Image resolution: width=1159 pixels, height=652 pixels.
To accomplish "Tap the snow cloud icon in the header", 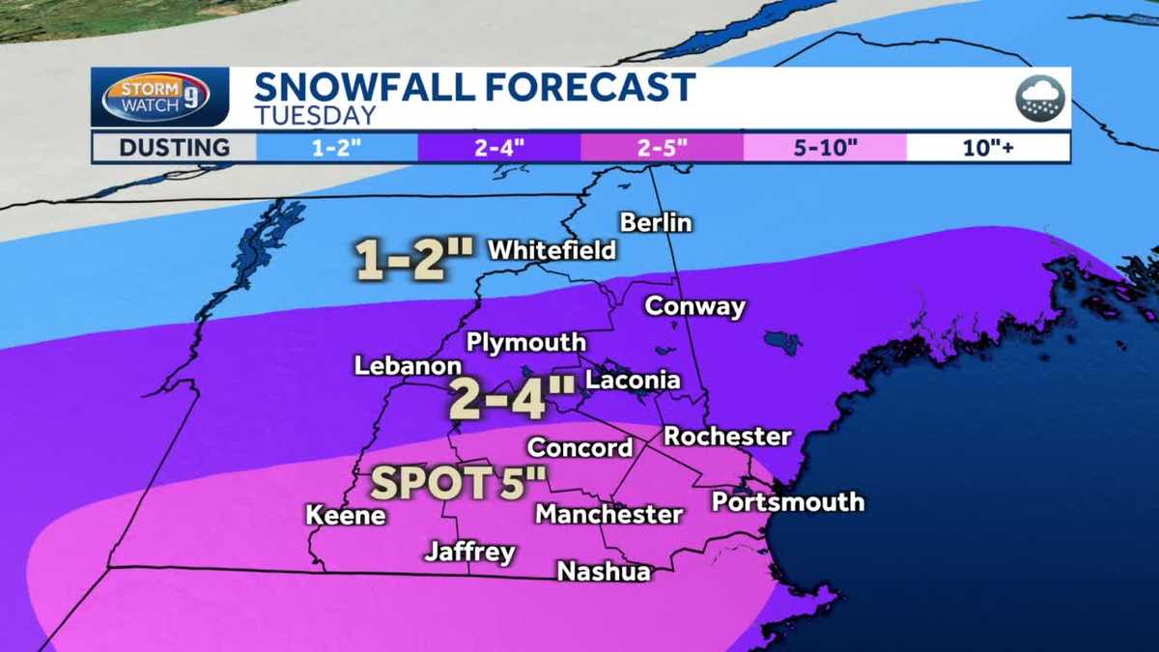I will (x=1039, y=99).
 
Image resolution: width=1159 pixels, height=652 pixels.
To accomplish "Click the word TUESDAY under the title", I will (x=315, y=115).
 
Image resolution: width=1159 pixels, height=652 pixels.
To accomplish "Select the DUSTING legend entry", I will (x=175, y=148).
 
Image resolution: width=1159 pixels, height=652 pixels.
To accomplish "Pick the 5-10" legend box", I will (x=825, y=148).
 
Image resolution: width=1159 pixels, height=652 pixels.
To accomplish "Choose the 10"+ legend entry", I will (x=988, y=148).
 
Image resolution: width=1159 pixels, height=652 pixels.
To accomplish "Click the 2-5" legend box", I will (x=662, y=148).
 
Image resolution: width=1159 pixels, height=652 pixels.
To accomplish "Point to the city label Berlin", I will (x=656, y=222).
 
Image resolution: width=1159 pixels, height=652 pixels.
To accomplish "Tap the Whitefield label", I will (x=551, y=250).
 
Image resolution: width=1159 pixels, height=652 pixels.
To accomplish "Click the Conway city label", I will (x=694, y=307).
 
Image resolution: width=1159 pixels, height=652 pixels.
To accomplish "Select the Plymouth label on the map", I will (x=525, y=343).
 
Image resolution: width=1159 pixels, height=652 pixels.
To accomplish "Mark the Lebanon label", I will (x=408, y=367).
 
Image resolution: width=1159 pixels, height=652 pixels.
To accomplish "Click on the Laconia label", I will (x=633, y=381).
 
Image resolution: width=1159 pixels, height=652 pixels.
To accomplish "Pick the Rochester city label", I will (x=727, y=437).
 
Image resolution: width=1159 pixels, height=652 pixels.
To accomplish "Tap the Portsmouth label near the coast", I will (x=787, y=502).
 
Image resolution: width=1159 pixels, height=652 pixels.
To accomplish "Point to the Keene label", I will (x=346, y=516).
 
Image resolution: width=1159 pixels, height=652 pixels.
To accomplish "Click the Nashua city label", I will (x=604, y=572).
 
